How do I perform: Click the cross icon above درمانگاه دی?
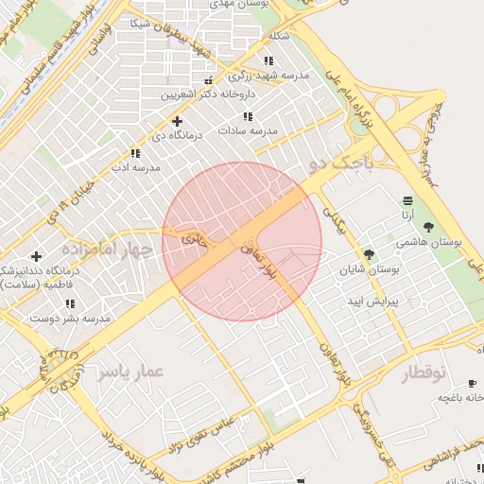[177, 121]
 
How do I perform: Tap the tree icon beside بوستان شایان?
[369, 253]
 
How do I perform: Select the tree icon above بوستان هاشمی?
[429, 227]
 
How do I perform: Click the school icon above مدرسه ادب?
[135, 152]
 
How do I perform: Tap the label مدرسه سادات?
[247, 130]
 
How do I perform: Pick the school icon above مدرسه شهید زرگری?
[269, 60]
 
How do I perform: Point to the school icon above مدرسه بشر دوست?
[70, 303]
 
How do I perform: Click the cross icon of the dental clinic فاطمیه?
[36, 256]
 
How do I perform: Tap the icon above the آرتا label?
[407, 201]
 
